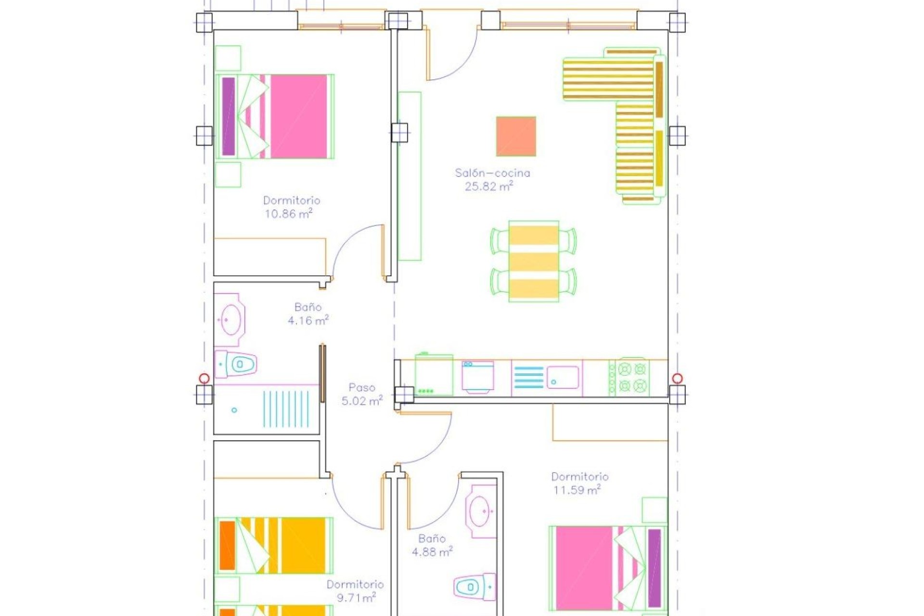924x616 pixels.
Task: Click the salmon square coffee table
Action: pyautogui.click(x=516, y=136)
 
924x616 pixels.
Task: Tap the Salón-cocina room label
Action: pyautogui.click(x=492, y=173)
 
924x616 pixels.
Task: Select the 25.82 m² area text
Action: pyautogui.click(x=488, y=186)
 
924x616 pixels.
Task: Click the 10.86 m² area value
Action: pyautogui.click(x=288, y=214)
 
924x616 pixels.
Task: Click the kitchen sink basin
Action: pyautogui.click(x=562, y=377)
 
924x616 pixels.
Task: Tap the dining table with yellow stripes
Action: pyautogui.click(x=533, y=261)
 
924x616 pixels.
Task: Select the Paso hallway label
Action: pyautogui.click(x=361, y=387)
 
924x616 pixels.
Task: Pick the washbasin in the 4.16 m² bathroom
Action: pyautogui.click(x=231, y=320)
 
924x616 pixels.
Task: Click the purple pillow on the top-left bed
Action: pyautogui.click(x=229, y=116)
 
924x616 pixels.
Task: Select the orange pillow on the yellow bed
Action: pyautogui.click(x=227, y=545)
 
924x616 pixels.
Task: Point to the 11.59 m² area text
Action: pyautogui.click(x=577, y=490)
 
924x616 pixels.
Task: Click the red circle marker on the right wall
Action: pyautogui.click(x=677, y=378)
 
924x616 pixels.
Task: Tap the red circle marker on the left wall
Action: pyautogui.click(x=204, y=378)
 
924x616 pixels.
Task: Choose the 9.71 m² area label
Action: pyautogui.click(x=356, y=598)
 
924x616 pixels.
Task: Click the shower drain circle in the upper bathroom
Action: pyautogui.click(x=234, y=410)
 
